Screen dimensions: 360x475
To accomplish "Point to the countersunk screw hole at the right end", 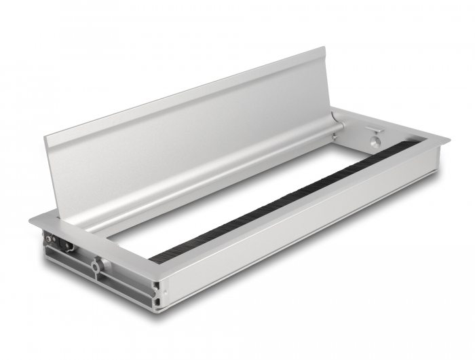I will (x=374, y=143).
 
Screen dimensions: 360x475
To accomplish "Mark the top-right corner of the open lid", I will (x=324, y=48).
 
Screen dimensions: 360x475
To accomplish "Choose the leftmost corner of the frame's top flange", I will (x=31, y=221).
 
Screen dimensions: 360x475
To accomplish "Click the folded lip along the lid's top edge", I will (x=183, y=92).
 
